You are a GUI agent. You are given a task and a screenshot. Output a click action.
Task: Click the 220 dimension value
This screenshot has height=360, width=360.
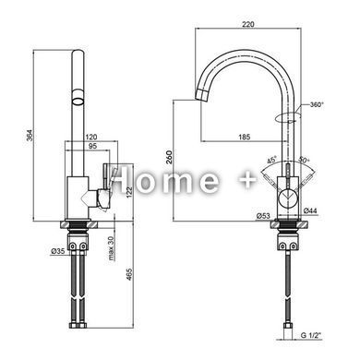pos(248,24)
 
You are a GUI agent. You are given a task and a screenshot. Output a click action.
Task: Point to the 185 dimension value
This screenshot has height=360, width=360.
pos(245,137)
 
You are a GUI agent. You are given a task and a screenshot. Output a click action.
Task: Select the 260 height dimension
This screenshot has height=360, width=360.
pos(168,157)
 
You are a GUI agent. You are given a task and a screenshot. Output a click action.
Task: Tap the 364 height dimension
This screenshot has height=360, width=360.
pos(30,136)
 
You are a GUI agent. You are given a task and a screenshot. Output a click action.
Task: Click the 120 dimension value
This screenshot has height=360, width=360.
pos(91,137)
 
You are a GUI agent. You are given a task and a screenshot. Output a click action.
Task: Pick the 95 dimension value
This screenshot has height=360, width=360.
pos(92,146)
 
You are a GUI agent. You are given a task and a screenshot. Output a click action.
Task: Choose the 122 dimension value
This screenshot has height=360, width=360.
pos(129,192)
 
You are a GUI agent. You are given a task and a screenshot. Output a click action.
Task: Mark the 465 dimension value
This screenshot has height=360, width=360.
pos(129,274)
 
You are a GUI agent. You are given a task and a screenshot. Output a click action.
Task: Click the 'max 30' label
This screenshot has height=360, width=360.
pos(111,248)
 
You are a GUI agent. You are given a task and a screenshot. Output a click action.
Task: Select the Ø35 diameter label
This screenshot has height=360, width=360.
pos(58,251)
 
